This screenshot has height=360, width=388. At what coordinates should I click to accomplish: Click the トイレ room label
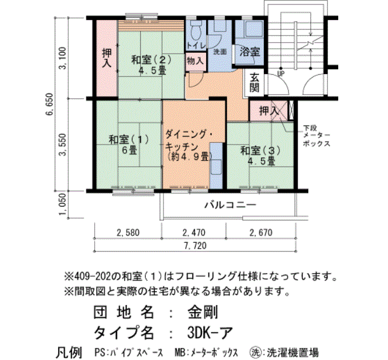[x=196, y=45]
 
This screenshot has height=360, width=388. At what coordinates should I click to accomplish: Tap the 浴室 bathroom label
[x=249, y=52]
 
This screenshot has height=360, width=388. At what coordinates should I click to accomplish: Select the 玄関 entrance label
[x=254, y=83]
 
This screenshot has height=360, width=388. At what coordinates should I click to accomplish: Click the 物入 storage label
[x=196, y=60]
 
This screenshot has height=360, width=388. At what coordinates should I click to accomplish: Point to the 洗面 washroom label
[x=219, y=52]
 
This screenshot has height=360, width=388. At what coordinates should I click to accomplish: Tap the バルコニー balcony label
[x=230, y=205]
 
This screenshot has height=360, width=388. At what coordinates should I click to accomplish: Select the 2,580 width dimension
[x=128, y=233]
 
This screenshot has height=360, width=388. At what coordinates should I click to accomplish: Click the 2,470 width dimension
[x=194, y=233]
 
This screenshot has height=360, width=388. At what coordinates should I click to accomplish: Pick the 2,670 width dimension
[x=261, y=233]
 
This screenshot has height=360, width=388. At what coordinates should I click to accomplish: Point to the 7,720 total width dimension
[x=195, y=246]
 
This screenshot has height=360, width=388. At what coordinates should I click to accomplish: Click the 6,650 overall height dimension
[x=50, y=104]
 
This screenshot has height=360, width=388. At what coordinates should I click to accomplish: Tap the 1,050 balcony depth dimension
[x=63, y=204]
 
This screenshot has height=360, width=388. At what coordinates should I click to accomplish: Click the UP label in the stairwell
[x=281, y=74]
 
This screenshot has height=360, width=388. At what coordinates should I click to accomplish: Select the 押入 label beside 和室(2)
[x=107, y=58]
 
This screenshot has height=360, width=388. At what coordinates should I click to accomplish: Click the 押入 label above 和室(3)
[x=269, y=111]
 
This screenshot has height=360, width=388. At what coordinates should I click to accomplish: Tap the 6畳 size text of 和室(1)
[x=129, y=150]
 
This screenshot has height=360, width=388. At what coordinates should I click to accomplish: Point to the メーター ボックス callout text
[x=316, y=139]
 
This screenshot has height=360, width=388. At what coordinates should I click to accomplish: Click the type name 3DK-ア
[x=210, y=332]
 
